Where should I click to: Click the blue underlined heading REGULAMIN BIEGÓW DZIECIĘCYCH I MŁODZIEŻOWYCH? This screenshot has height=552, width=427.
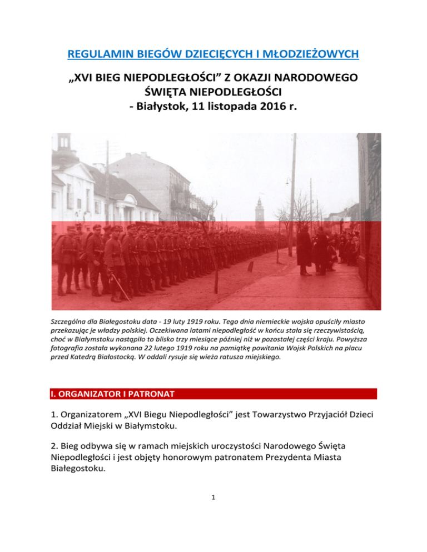213,54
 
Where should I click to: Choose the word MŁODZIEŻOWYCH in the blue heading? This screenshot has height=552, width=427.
314,54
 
